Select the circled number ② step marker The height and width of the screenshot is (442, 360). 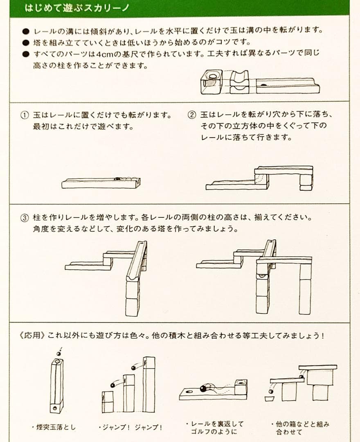[x=192, y=115]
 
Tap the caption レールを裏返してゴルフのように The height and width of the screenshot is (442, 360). [x=214, y=427]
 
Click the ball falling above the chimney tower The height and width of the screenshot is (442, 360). [x=58, y=353]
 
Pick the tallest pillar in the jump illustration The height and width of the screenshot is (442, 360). [x=149, y=384]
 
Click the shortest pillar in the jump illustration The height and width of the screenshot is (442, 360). [x=108, y=401]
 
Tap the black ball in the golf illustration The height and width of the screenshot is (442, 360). [x=202, y=388]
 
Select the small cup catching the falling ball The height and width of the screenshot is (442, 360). [x=270, y=398]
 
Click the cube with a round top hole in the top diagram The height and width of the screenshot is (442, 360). [x=211, y=81]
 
